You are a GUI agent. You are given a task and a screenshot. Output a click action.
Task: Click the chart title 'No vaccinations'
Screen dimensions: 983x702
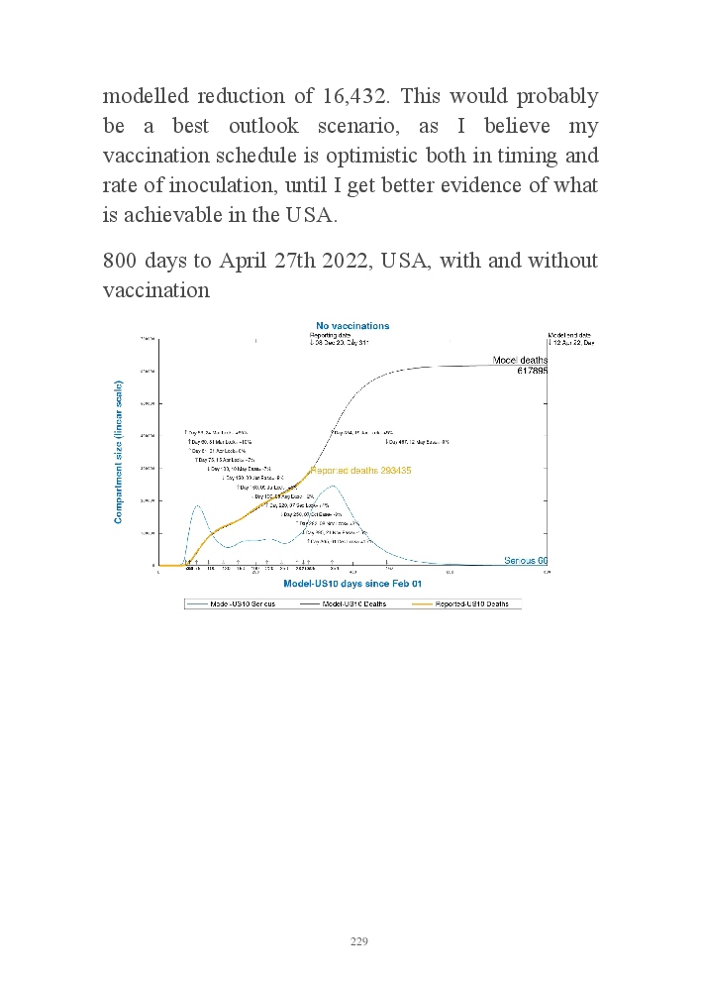[352, 326]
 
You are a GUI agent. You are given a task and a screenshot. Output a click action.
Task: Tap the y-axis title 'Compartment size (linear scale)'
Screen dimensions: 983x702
[119, 452]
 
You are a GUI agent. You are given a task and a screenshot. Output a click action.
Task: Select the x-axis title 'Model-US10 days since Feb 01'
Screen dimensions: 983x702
[351, 585]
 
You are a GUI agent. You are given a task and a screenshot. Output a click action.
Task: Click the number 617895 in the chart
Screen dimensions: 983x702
[532, 370]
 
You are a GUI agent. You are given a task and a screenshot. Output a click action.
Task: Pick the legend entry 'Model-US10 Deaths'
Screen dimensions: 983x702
[352, 603]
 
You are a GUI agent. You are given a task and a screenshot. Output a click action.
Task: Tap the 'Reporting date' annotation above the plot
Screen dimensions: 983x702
[331, 336]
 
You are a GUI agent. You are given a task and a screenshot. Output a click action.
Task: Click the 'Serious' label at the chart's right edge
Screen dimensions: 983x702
[521, 561]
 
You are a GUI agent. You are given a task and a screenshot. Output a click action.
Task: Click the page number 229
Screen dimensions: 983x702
[359, 940]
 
